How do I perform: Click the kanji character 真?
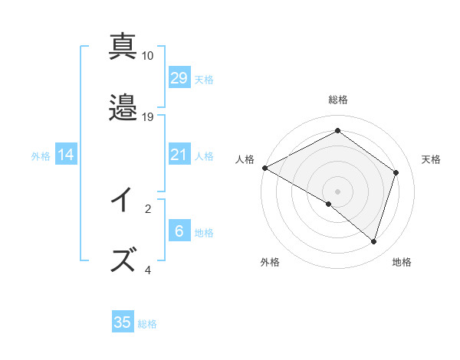(123, 47)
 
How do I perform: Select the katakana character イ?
(123, 201)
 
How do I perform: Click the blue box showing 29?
(179, 77)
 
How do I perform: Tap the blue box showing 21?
(179, 155)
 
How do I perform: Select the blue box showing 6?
(179, 231)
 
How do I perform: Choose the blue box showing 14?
(66, 155)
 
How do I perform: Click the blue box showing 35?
(123, 322)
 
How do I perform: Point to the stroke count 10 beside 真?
(148, 56)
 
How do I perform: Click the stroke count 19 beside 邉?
(148, 116)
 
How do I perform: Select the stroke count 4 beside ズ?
(148, 270)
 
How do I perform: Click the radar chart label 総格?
(338, 100)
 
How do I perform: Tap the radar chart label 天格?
(431, 159)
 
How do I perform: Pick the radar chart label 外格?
(269, 262)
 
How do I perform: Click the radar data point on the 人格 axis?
(264, 168)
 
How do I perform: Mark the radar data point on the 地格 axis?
(374, 241)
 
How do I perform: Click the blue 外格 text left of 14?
(41, 155)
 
